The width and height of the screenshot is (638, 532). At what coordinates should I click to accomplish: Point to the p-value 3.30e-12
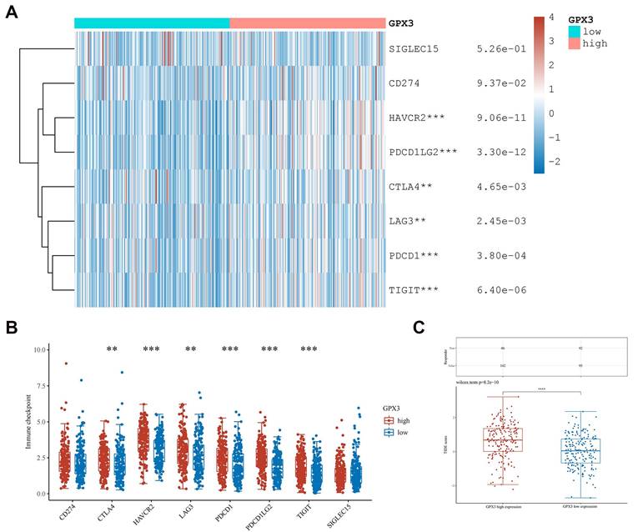click(497, 152)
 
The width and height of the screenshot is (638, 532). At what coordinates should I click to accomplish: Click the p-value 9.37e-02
click(497, 83)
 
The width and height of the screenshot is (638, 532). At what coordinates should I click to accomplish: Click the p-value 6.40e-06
click(497, 289)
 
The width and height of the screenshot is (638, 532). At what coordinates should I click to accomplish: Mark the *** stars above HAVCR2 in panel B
click(151, 349)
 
